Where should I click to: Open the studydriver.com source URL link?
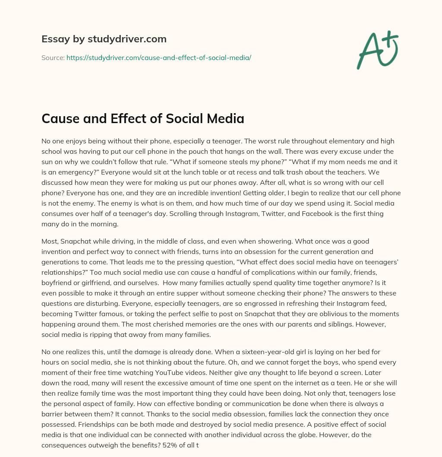point(159,57)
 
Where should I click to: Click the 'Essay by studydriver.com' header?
point(104,39)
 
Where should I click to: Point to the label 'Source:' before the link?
point(53,57)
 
